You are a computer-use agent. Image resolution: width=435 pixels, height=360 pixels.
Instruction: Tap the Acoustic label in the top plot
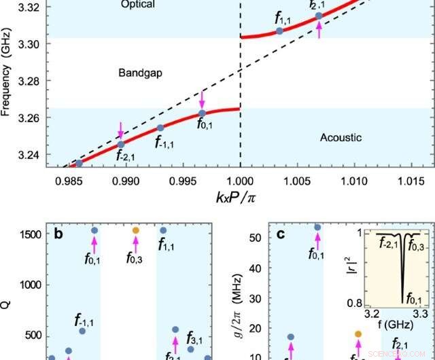(340, 138)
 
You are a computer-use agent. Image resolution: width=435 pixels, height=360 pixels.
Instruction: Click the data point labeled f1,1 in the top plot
(279, 31)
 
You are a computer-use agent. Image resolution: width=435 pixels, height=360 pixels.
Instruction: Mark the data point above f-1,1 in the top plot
(160, 128)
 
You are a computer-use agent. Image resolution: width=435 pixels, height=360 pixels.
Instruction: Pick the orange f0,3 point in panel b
(135, 231)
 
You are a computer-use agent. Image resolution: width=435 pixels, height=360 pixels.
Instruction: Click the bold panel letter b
(59, 235)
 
